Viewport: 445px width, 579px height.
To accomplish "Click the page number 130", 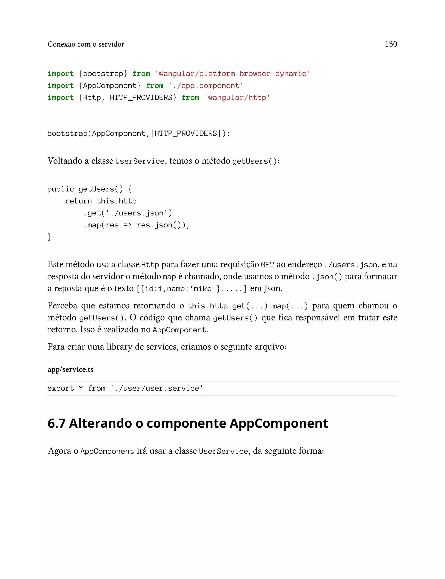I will [x=391, y=44].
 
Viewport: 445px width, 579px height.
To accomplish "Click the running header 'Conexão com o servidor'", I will [x=86, y=44].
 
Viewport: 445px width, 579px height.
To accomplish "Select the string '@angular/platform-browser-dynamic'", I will [x=232, y=74].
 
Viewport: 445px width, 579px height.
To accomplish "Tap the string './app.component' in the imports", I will [x=206, y=86].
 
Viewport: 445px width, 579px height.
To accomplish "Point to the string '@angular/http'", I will [x=237, y=98].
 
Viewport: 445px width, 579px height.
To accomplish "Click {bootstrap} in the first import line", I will [x=103, y=74].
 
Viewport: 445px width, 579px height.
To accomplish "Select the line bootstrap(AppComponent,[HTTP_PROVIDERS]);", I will [x=139, y=133].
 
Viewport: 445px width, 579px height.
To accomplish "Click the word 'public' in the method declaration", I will [x=61, y=189].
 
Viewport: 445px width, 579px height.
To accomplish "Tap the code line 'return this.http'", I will [x=101, y=201].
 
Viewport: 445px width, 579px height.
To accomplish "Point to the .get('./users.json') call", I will [x=128, y=213].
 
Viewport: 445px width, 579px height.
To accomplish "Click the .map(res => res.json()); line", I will [x=136, y=225].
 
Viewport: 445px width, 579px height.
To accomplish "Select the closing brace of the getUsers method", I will [x=50, y=237].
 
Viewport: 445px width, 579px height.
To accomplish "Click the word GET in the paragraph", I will [x=267, y=265].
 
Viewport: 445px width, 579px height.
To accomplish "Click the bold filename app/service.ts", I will [x=70, y=369].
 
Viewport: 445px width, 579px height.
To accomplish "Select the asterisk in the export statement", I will [x=81, y=389].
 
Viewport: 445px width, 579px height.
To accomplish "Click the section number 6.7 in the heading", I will [x=56, y=423].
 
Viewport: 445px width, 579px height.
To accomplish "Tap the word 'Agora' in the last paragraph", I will [x=59, y=451].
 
